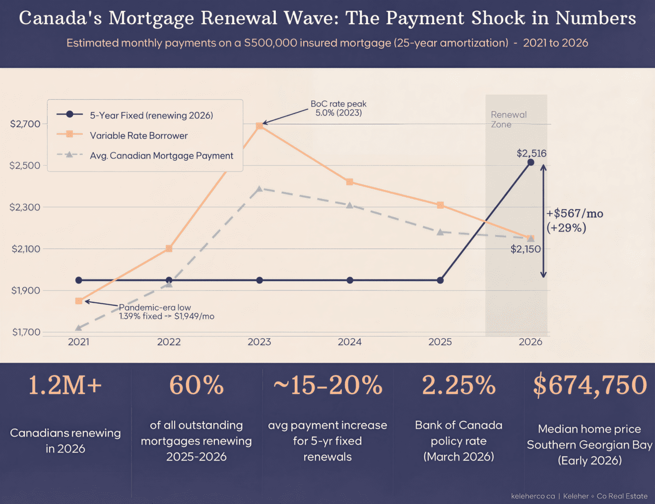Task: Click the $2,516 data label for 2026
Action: pyautogui.click(x=531, y=153)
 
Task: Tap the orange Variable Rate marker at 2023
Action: pyautogui.click(x=260, y=126)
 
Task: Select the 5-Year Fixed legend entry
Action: pyautogui.click(x=151, y=115)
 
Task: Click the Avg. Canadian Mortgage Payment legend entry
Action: pyautogui.click(x=161, y=156)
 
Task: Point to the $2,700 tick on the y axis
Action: pyautogui.click(x=25, y=124)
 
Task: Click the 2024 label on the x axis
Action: pyautogui.click(x=349, y=342)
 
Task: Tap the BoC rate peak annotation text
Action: pyautogui.click(x=338, y=108)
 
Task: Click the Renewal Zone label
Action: pyautogui.click(x=508, y=119)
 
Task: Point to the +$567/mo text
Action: pyautogui.click(x=575, y=214)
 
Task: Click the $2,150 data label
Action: pyautogui.click(x=525, y=249)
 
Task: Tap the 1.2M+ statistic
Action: pyautogui.click(x=65, y=385)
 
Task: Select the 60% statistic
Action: pyautogui.click(x=196, y=385)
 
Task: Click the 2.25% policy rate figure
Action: pyautogui.click(x=458, y=385)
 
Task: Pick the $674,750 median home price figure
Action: pyautogui.click(x=589, y=385)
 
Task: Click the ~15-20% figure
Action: pyautogui.click(x=327, y=385)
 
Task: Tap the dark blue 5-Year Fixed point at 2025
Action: pyautogui.click(x=440, y=280)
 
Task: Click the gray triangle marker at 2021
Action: pyautogui.click(x=78, y=328)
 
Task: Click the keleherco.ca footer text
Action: pyautogui.click(x=533, y=496)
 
